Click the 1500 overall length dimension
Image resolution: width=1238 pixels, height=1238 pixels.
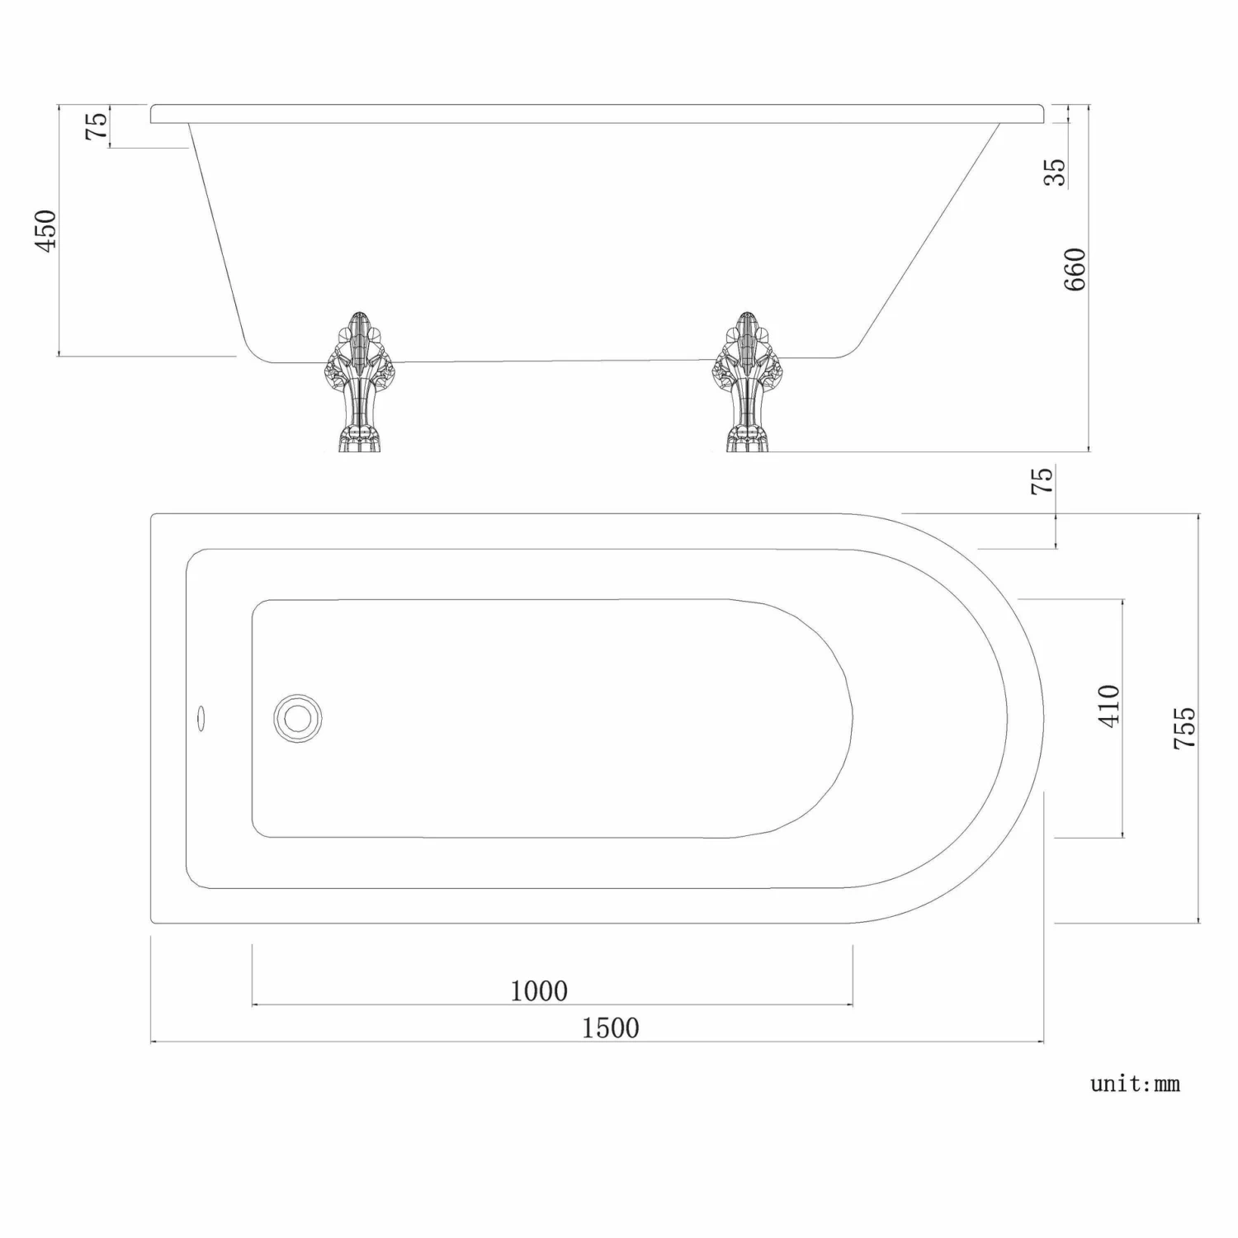click(x=610, y=1028)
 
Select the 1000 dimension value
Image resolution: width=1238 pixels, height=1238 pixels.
click(x=539, y=990)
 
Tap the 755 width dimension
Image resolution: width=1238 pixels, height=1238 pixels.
click(x=1184, y=727)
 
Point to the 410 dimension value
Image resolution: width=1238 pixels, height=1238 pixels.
click(x=1109, y=706)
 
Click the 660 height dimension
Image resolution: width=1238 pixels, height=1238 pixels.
click(x=1075, y=269)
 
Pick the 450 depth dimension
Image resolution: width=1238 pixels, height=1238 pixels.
click(x=45, y=231)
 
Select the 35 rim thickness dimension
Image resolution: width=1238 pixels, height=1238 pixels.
click(x=1056, y=172)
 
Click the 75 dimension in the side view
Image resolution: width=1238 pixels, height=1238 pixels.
click(x=97, y=125)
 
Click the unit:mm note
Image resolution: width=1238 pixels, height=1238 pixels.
click(x=1135, y=1084)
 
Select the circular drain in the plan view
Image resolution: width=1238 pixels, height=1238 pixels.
click(x=297, y=718)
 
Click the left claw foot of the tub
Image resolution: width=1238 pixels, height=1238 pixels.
click(x=357, y=381)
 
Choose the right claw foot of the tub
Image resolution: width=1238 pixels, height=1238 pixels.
click(x=747, y=381)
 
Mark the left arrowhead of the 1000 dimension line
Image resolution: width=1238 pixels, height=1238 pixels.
click(x=255, y=1004)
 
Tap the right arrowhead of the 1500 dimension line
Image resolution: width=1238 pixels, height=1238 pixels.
click(x=1041, y=1042)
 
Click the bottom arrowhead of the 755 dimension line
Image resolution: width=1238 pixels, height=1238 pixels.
click(x=1198, y=919)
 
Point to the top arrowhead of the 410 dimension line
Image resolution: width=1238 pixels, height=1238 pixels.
click(x=1122, y=603)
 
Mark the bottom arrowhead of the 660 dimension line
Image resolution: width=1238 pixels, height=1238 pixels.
click(x=1089, y=448)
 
